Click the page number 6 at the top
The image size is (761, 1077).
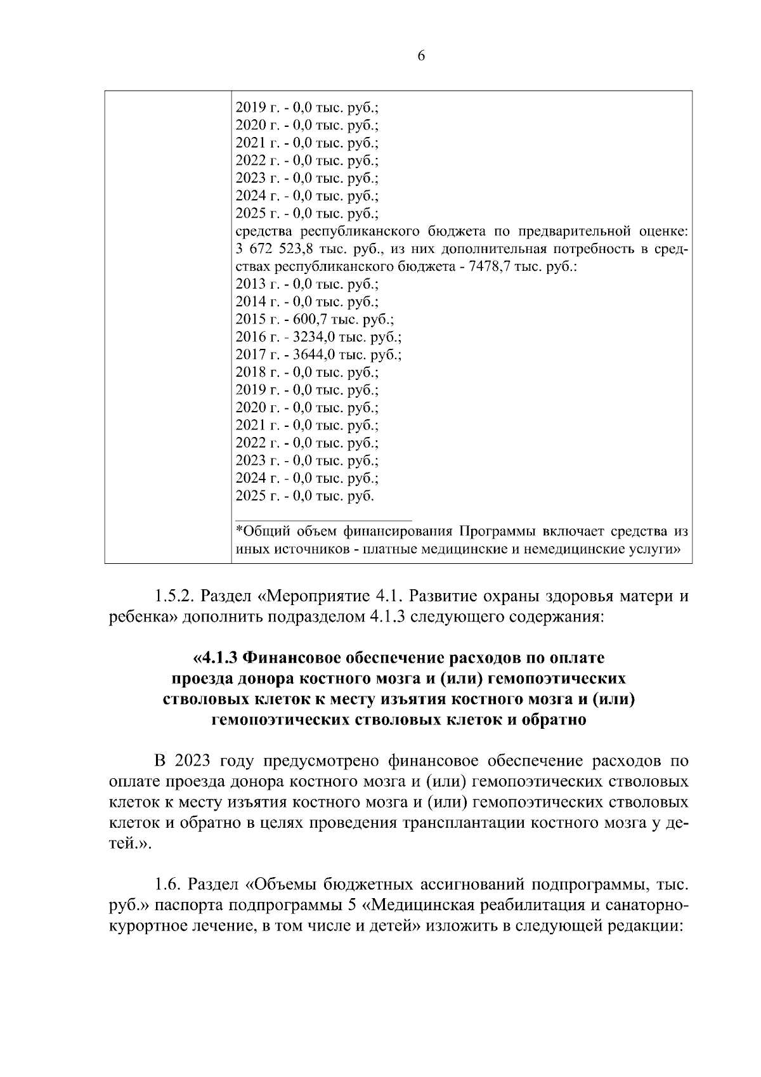coord(421,56)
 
